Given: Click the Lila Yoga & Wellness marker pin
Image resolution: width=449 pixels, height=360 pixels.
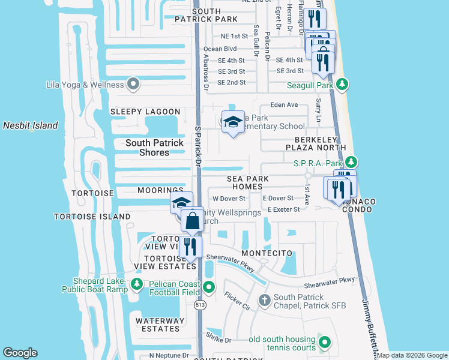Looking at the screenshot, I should coord(133,85).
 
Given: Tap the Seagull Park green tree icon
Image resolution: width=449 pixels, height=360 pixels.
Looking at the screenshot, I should coord(342,85).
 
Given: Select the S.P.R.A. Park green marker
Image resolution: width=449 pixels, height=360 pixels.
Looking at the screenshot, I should coord(352,163).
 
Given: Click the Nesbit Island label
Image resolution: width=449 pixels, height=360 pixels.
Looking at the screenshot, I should coord(31,125).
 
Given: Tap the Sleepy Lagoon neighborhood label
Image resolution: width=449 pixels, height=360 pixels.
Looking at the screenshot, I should coord(145,112).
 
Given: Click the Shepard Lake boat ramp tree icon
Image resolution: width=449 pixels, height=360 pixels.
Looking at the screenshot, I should coord(137,283).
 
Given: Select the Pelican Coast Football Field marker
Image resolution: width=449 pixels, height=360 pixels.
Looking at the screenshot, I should coord(208,287).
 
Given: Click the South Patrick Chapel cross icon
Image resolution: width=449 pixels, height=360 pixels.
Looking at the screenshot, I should coord(265,300).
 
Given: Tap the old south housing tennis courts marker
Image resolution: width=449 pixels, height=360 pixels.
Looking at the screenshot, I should coord(325,343).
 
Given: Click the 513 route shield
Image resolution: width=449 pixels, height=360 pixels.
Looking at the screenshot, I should coord(199,305).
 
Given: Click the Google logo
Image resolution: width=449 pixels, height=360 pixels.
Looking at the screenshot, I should coord(20,353).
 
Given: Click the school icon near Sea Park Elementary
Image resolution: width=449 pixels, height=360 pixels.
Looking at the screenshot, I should coord(232,123).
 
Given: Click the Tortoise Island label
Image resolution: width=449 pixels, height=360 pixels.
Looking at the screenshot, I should coord(92,216).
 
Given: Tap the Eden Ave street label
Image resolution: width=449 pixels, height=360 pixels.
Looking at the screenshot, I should coord(284,104).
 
